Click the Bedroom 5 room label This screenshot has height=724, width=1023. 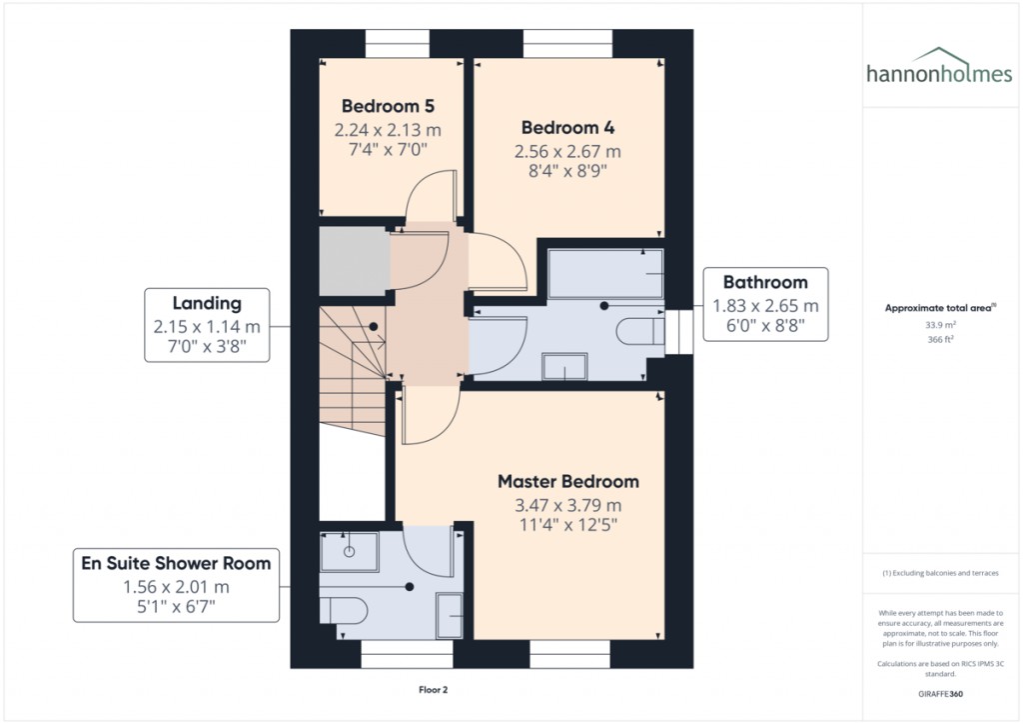click(388, 106)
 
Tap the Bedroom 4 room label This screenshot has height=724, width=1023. click(567, 128)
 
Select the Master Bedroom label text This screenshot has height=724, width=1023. click(567, 481)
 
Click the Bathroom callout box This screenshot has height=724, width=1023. click(764, 304)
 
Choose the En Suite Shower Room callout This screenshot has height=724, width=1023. click(176, 585)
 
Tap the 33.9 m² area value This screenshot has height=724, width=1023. click(938, 324)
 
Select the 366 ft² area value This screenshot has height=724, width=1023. click(938, 340)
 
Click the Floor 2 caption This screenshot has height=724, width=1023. click(433, 690)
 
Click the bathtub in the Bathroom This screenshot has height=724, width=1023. click(605, 273)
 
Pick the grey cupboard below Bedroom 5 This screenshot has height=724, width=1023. click(353, 261)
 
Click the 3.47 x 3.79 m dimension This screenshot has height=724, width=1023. click(567, 506)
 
